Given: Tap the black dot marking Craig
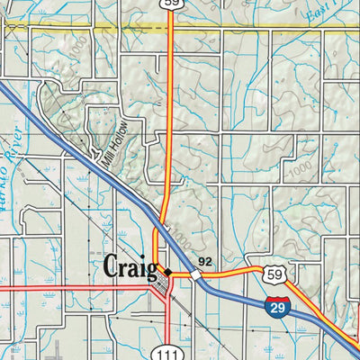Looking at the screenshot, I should click(x=167, y=269).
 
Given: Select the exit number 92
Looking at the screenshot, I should click(x=205, y=262).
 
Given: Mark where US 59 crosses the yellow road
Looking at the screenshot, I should click(x=171, y=28).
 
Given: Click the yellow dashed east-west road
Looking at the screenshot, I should click(x=270, y=28).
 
